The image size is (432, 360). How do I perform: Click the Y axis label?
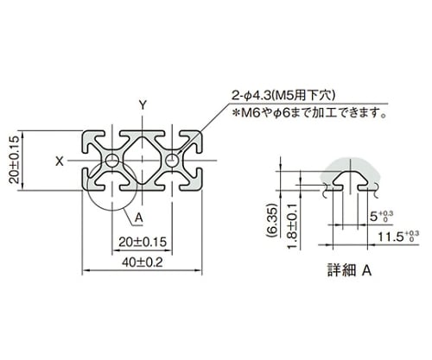(x=143, y=105)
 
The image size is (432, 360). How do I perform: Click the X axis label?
(x=60, y=161)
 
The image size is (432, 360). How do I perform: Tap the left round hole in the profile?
(x=112, y=161)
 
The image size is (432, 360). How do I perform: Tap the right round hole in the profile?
(x=172, y=161)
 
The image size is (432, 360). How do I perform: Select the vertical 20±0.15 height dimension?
(x=14, y=160)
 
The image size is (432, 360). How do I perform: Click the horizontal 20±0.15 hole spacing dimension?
(x=143, y=242)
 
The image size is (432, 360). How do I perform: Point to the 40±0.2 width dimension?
(x=143, y=262)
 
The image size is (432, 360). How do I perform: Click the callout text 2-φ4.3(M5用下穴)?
(x=284, y=95)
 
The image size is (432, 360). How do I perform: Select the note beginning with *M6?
(x=310, y=113)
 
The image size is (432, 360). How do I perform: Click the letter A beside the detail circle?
(x=139, y=218)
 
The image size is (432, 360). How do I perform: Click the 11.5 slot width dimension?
(x=398, y=237)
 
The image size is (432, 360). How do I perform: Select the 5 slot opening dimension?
(x=381, y=217)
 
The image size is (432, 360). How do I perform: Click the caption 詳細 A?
(x=350, y=270)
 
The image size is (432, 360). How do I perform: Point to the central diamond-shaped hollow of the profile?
(x=143, y=161)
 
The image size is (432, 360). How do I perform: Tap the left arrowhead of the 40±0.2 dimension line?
(x=86, y=270)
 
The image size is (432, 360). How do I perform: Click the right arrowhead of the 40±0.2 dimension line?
(x=199, y=270)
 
